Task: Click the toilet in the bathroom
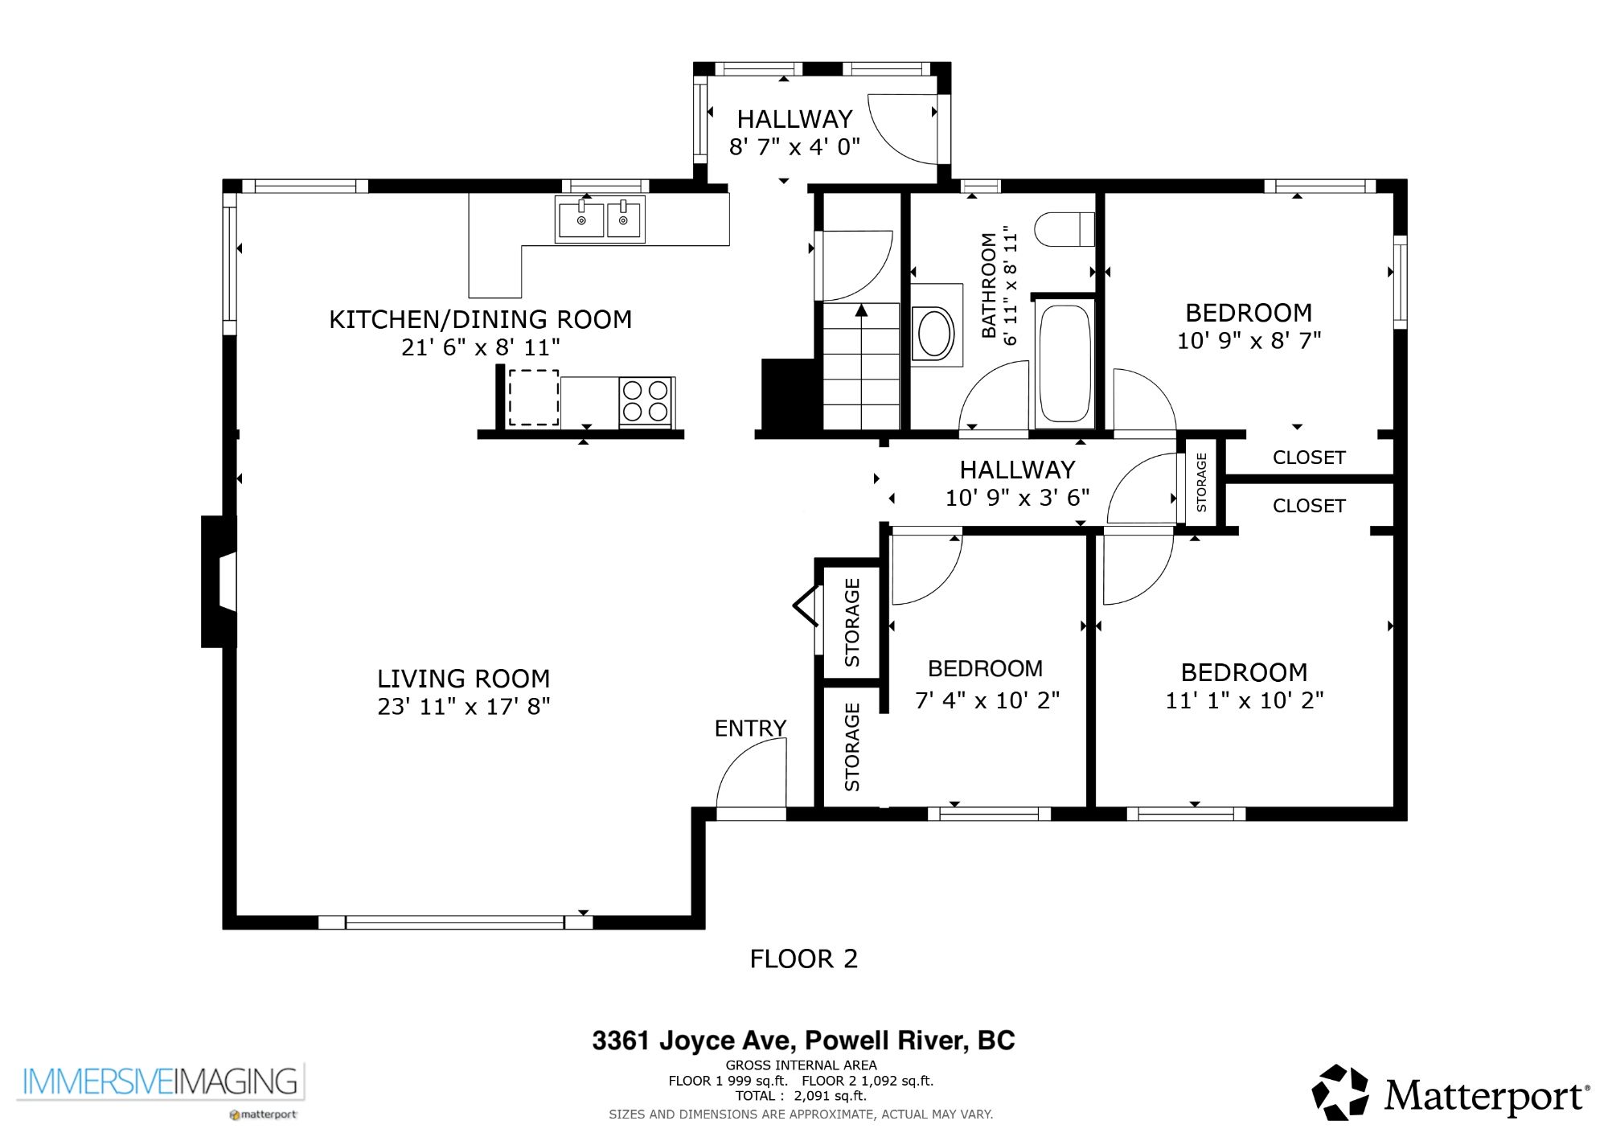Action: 1064,229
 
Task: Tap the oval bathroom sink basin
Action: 935,333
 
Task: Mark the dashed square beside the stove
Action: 534,397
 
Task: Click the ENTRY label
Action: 750,729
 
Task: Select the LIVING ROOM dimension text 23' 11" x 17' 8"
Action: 464,707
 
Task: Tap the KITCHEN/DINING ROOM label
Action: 480,320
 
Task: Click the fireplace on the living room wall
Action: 219,581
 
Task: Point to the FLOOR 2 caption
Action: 804,958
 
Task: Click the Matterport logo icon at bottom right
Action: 1340,1092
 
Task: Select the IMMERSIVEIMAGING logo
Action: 160,1082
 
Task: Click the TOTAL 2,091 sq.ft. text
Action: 801,1096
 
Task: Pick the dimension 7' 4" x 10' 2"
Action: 987,701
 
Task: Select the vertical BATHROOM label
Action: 989,285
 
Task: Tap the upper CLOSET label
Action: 1309,458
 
